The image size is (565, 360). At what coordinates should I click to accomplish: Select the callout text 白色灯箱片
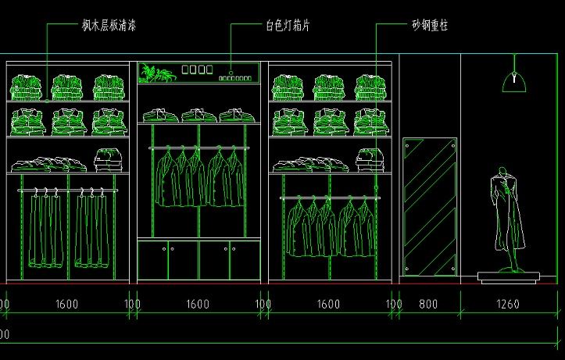288,26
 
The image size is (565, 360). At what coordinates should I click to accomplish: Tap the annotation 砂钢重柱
430,26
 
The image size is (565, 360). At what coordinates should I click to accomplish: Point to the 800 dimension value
428,304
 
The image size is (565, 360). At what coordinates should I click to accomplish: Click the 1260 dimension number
508,304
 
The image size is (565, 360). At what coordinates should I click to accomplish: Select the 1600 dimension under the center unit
198,304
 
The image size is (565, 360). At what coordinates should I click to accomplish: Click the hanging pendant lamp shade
514,78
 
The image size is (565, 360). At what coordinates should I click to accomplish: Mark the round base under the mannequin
509,275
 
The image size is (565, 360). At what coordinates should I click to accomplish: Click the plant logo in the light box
156,73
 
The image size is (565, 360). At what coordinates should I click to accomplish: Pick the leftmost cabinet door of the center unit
153,260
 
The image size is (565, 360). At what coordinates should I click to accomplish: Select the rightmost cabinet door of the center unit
245,260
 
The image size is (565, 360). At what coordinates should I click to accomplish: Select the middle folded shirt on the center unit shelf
198,116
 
